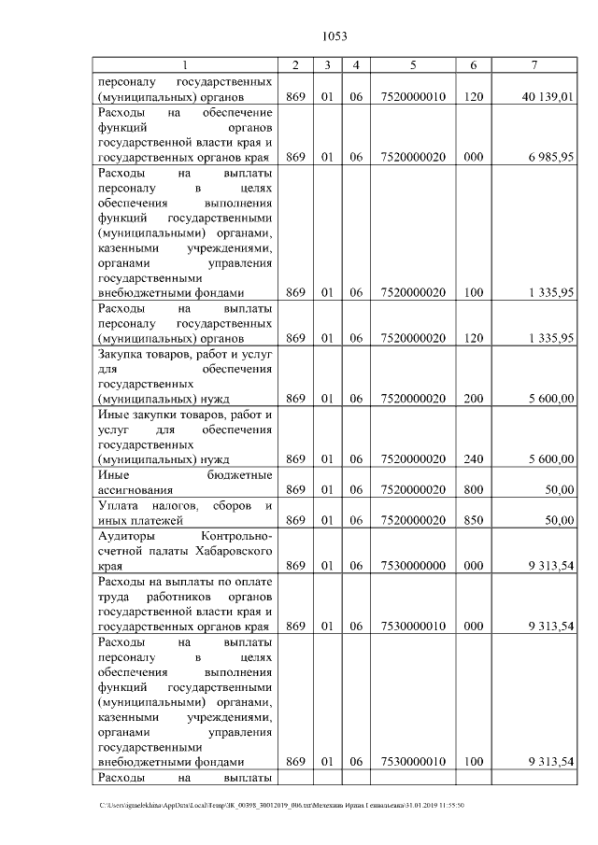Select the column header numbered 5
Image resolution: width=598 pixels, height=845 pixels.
coord(412,65)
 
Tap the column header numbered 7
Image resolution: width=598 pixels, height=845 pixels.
coord(533,65)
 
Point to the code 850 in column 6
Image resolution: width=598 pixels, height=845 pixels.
coord(474,520)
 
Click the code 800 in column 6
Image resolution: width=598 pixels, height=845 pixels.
coord(474,489)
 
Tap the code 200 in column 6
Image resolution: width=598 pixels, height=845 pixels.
coord(474,399)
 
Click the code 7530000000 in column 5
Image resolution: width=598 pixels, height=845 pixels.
coord(412,566)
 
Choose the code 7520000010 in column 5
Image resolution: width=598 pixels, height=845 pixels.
coord(412,96)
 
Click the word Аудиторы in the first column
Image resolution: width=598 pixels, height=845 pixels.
coord(129,536)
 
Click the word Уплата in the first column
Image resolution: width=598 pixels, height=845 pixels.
coord(121,505)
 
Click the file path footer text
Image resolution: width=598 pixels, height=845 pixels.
coord(280,805)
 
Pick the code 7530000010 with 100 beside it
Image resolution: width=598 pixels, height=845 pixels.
coord(412,762)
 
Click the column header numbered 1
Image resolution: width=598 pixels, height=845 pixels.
coord(185,65)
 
